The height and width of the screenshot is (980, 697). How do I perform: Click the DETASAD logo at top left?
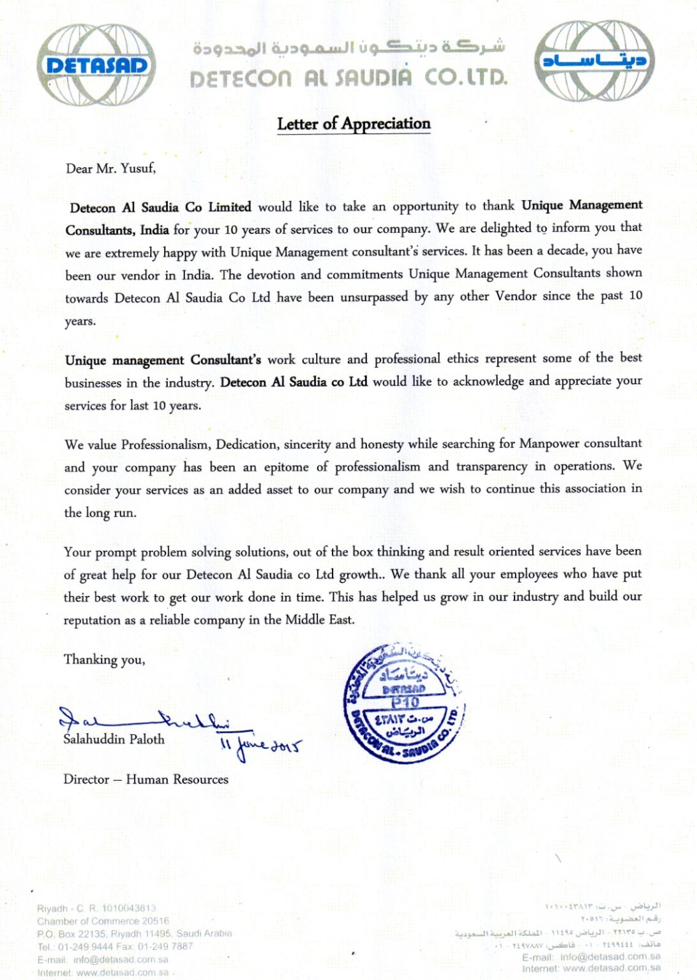[96, 65]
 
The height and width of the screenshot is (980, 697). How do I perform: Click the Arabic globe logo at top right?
[594, 61]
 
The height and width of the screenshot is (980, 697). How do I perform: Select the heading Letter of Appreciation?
[354, 124]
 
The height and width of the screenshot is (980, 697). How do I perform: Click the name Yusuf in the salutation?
[137, 168]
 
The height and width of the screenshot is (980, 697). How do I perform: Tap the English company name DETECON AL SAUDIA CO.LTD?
[348, 78]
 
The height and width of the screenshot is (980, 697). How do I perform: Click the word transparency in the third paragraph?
[491, 466]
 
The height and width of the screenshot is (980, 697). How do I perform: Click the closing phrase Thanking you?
[104, 660]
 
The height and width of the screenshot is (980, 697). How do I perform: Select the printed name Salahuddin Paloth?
[114, 739]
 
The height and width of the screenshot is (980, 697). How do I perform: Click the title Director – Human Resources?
[146, 779]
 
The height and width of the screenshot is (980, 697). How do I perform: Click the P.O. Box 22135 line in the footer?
[134, 933]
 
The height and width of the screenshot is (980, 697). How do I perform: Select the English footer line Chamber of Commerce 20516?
[103, 921]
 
